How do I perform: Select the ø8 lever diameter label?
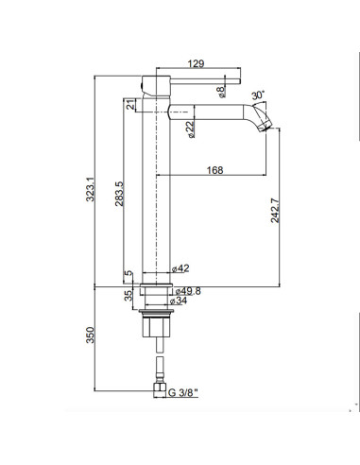(x=221, y=92)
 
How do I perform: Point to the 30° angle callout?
(x=260, y=95)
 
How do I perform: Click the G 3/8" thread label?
(x=185, y=389)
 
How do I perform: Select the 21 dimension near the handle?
(x=129, y=104)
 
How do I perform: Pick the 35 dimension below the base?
(x=129, y=296)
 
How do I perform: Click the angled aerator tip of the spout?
(x=269, y=126)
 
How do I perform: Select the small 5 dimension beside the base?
(x=129, y=275)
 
